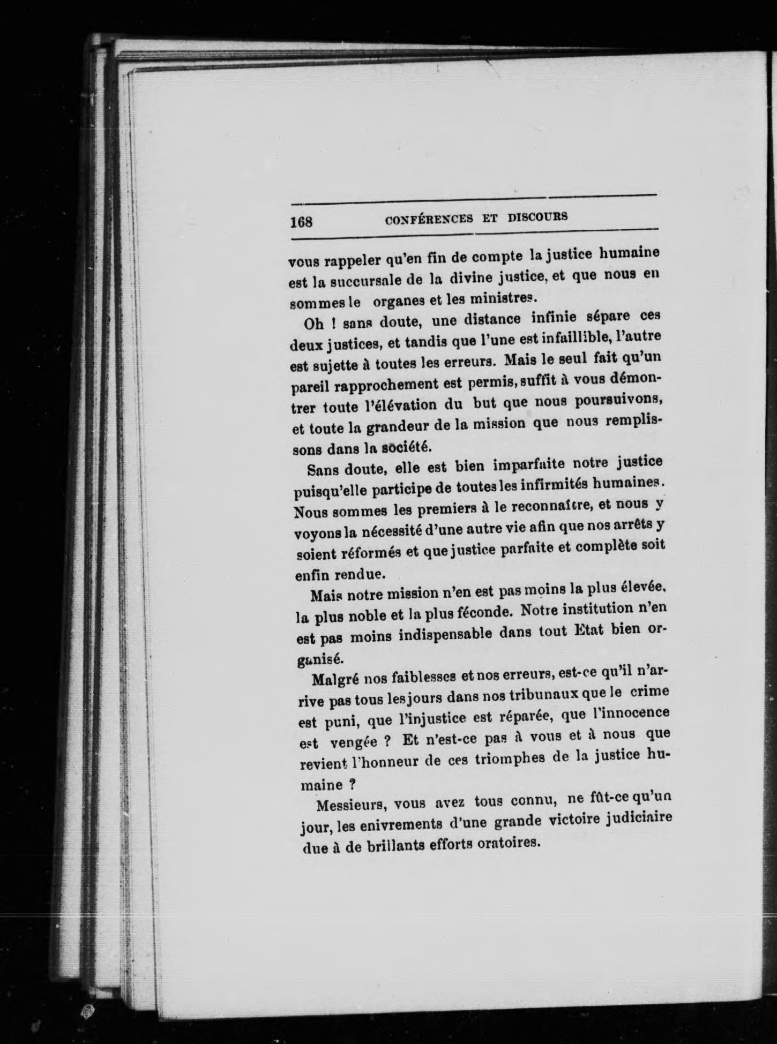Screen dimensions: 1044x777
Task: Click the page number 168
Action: (301, 221)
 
